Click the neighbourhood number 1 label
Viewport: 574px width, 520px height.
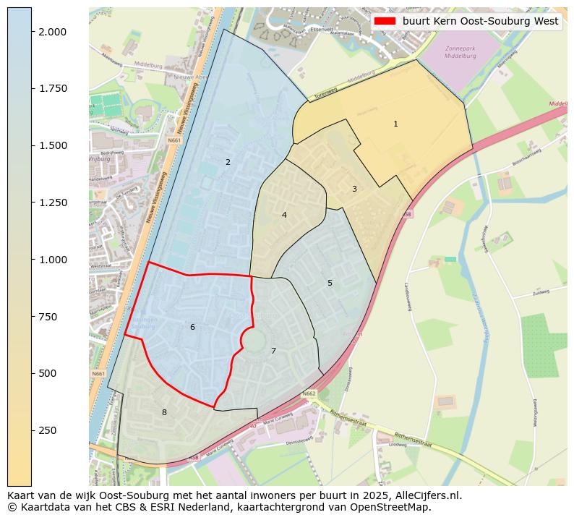pos(395,124)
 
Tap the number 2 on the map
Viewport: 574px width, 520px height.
pos(228,162)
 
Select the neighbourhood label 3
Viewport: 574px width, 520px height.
pos(354,189)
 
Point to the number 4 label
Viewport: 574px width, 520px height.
pos(284,215)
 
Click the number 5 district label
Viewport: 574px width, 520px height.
pos(330,283)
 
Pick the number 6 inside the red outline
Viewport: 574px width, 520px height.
pos(192,327)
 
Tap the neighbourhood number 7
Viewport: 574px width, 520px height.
pos(273,351)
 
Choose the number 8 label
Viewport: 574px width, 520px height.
pos(164,412)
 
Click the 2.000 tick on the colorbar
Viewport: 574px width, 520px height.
pos(53,32)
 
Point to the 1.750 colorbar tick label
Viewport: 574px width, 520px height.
pos(53,89)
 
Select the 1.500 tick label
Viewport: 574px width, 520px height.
pos(53,145)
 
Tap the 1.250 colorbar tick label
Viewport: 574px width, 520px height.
pos(53,203)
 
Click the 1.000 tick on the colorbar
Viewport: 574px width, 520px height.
pos(53,260)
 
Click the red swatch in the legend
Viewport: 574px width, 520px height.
pos(385,22)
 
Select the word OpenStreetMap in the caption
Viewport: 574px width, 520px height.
pos(395,508)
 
